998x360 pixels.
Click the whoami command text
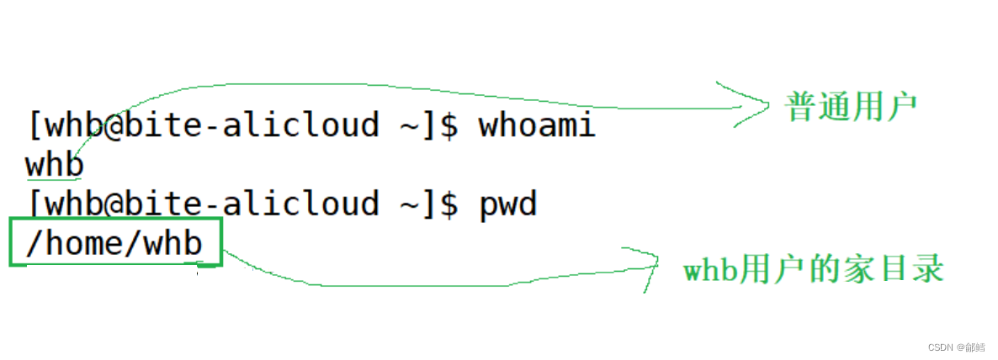click(x=537, y=125)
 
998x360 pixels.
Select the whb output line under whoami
click(x=55, y=164)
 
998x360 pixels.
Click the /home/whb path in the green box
click(x=114, y=243)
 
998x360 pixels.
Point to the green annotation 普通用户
click(x=851, y=107)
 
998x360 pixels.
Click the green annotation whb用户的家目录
click(x=813, y=269)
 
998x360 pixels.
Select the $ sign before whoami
click(x=449, y=125)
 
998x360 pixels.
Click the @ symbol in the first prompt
click(x=114, y=125)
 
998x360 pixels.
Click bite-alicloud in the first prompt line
click(x=252, y=125)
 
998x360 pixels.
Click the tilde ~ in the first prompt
click(x=406, y=126)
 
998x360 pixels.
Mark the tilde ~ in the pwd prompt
click(x=406, y=204)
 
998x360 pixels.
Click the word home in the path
click(x=85, y=243)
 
